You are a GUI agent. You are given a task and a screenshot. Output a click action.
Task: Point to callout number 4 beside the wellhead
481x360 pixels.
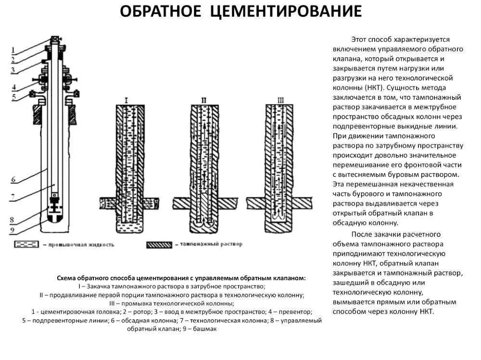(14, 87)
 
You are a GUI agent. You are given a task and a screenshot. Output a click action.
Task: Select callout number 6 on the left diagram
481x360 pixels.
(14, 179)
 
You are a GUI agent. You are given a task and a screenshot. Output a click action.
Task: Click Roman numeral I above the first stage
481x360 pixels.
(126, 100)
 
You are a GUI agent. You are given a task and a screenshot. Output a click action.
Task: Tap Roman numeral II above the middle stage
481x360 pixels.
(204, 100)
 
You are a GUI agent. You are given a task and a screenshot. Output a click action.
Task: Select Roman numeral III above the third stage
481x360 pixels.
(280, 100)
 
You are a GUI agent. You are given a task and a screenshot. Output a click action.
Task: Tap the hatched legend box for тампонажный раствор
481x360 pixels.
(161, 244)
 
